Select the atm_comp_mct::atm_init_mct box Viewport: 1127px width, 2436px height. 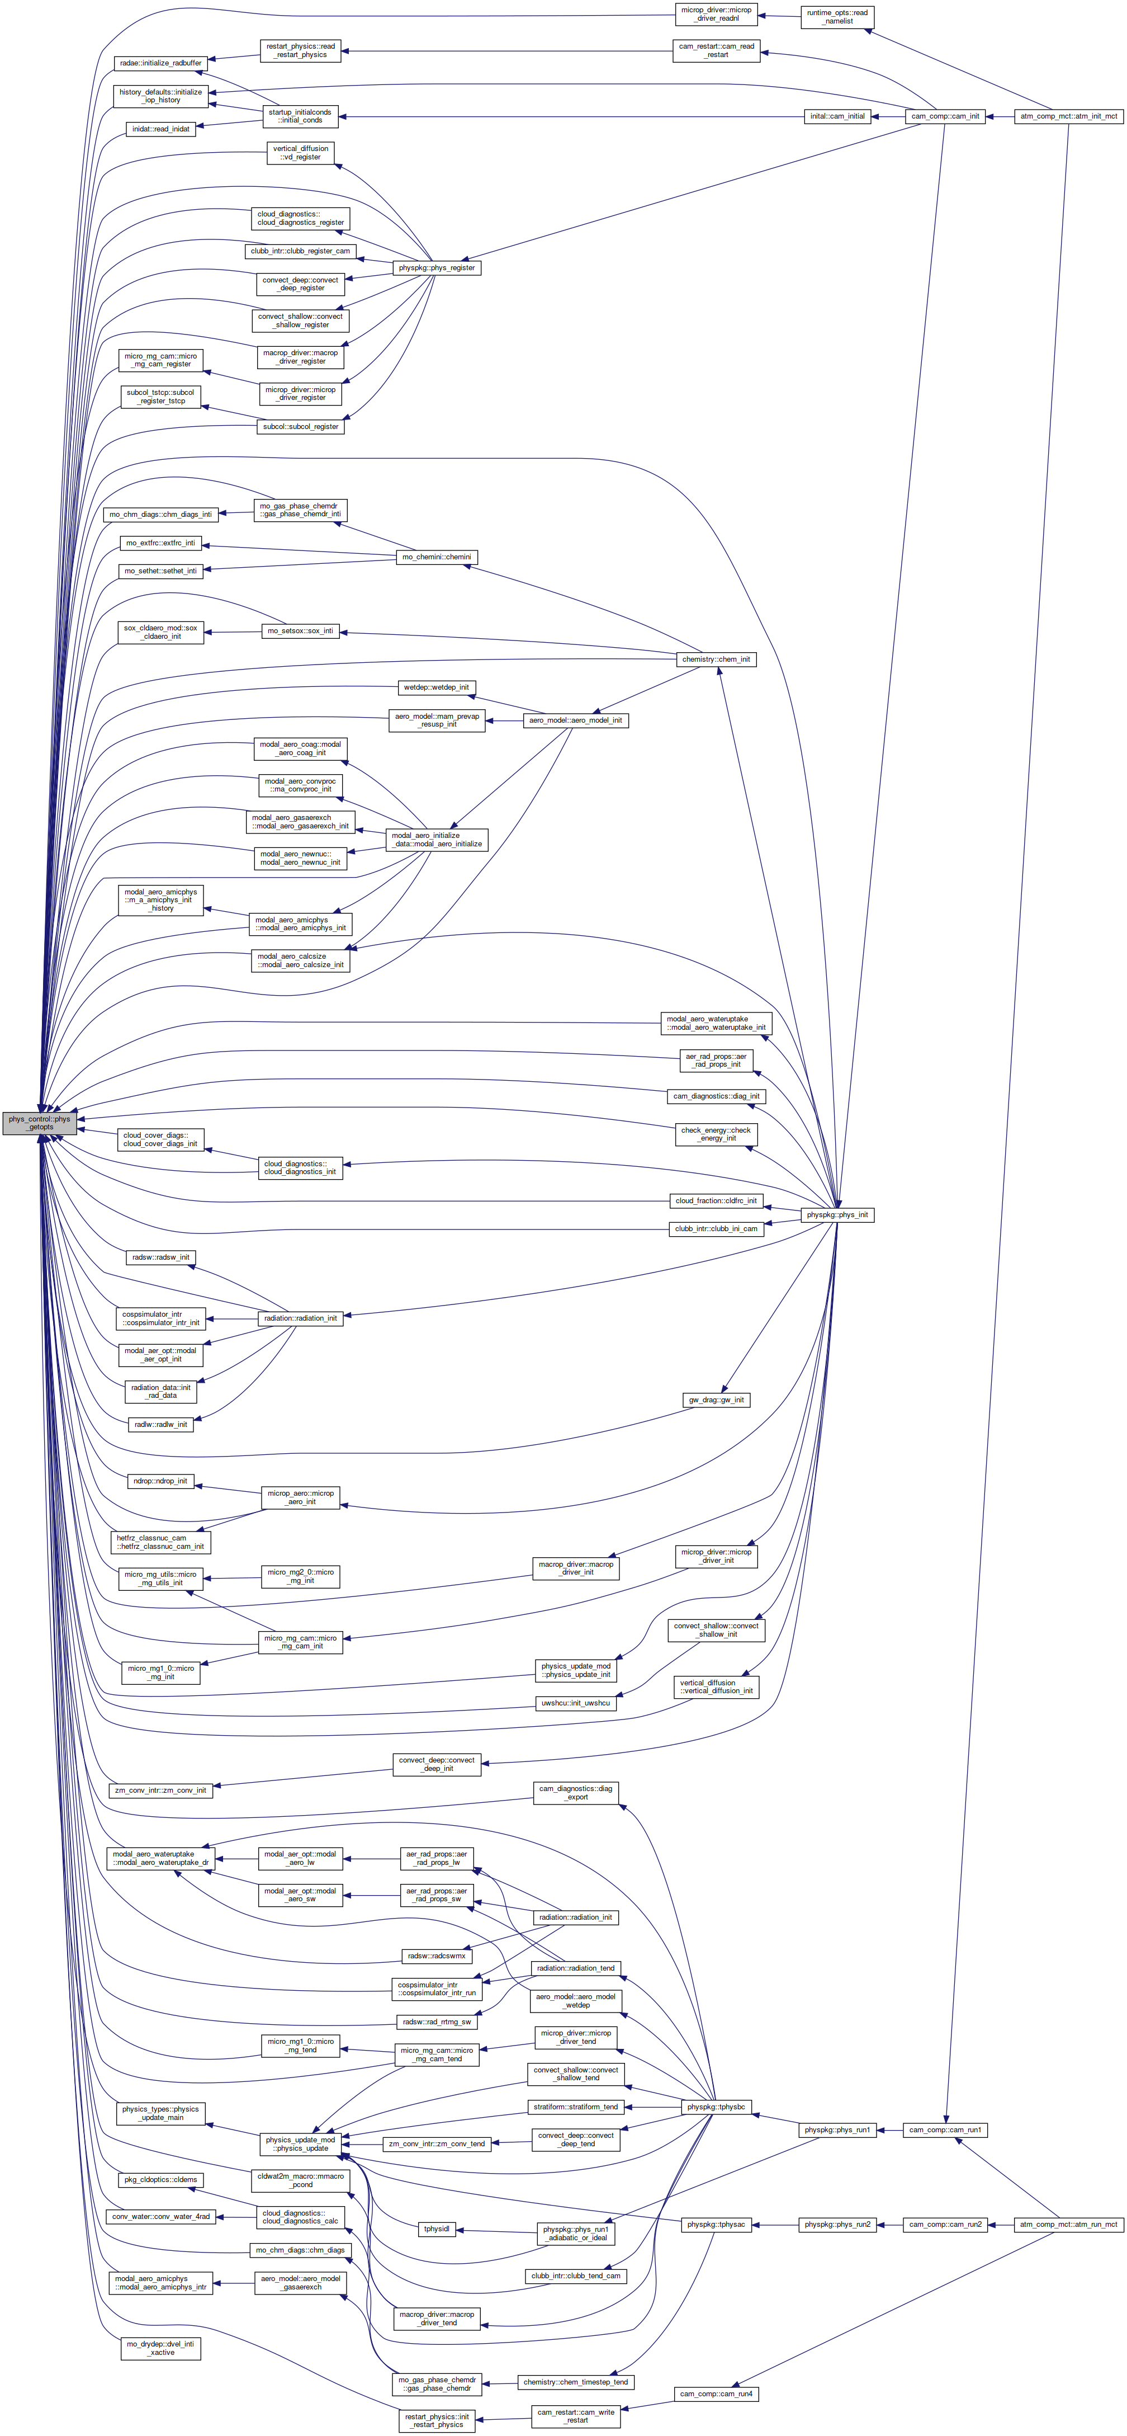coord(1068,116)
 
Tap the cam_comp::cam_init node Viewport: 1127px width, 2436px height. coord(945,116)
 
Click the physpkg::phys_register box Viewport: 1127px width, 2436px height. coord(436,267)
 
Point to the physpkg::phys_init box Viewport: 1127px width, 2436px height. coord(837,1214)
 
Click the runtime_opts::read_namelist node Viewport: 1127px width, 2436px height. coord(837,16)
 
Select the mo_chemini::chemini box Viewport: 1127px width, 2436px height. coord(436,557)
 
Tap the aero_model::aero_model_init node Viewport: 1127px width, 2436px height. coord(575,720)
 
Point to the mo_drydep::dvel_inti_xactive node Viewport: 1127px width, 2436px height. coord(162,2348)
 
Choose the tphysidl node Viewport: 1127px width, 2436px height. coord(436,2229)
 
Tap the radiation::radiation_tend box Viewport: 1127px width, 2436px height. coord(575,1968)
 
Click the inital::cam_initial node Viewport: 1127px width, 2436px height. coord(837,116)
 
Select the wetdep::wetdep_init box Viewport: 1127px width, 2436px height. coord(436,687)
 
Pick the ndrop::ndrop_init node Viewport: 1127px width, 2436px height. coord(161,1481)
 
